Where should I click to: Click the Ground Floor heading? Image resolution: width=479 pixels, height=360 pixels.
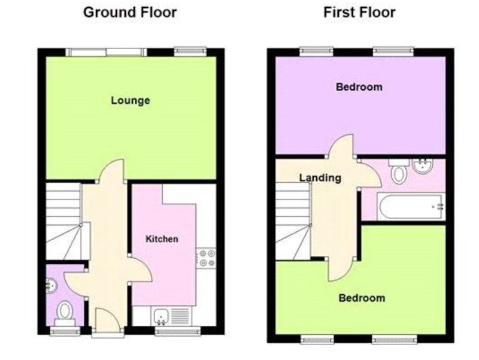[x=130, y=13]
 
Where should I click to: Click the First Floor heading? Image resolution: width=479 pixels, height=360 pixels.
[x=359, y=13]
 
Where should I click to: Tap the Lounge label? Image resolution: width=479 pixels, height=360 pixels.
[x=131, y=101]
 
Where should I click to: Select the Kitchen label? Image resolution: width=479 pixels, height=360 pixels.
[x=162, y=238]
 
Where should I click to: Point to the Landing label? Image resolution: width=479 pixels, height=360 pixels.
[x=320, y=178]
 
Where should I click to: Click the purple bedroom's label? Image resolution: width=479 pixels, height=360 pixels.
[x=359, y=87]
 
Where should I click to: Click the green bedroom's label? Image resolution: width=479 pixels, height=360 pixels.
[x=362, y=298]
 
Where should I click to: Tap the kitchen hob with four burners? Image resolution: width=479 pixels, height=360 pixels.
[x=207, y=258]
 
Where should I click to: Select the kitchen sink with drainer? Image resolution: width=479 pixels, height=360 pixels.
[x=171, y=316]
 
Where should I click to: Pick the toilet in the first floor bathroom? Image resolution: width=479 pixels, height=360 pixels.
[x=398, y=171]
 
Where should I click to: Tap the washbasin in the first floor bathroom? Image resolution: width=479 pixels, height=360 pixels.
[x=423, y=166]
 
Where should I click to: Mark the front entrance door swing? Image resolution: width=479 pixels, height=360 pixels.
[x=107, y=320]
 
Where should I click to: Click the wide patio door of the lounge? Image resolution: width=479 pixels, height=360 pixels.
[x=107, y=52]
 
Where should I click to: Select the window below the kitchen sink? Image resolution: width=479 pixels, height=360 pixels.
[x=178, y=331]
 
